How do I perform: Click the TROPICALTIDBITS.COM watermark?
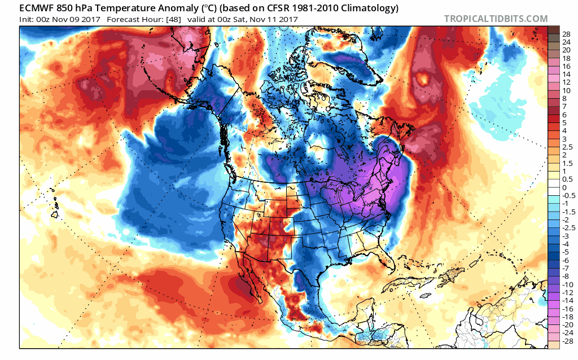coord(496,19)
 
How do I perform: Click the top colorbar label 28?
coord(566,34)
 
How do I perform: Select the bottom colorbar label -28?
coord(567,341)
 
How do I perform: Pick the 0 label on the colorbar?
coord(564,187)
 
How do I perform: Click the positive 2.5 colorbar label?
coord(567,147)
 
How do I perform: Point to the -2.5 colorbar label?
coord(569,227)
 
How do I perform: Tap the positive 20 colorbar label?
coord(566,50)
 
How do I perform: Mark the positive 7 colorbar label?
coord(564,107)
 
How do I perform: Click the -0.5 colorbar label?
coord(569,195)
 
